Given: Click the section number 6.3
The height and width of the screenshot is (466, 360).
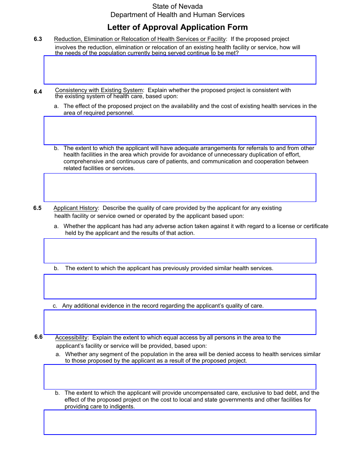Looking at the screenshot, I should [x=38, y=39].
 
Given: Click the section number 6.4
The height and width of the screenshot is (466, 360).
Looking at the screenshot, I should [x=38, y=91].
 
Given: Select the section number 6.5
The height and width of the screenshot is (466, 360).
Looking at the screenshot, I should [x=38, y=208].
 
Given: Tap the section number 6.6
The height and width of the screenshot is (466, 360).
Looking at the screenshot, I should [x=38, y=337].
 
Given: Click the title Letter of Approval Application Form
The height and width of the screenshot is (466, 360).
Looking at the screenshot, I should [x=177, y=27].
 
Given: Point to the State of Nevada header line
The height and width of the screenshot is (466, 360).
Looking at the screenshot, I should [x=177, y=6].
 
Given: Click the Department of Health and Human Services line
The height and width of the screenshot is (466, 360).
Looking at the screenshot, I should [x=177, y=15].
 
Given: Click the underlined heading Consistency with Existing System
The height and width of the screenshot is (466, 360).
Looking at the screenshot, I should [x=99, y=90].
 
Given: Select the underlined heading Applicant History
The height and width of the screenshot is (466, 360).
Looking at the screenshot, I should [x=75, y=208].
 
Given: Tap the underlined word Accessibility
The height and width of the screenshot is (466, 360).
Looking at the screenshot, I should [x=71, y=338].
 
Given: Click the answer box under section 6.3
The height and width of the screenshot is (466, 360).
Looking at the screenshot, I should [x=180, y=70].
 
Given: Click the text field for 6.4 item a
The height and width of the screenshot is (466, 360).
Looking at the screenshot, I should [x=180, y=130].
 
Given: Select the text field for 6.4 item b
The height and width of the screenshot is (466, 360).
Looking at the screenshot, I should [x=180, y=188].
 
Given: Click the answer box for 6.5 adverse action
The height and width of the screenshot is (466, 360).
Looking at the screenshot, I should [x=180, y=251].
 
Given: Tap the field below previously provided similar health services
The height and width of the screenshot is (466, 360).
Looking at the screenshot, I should [x=180, y=286].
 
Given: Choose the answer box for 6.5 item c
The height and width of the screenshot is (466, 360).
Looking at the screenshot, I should [x=180, y=322].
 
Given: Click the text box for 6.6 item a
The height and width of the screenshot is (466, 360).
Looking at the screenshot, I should [x=180, y=377].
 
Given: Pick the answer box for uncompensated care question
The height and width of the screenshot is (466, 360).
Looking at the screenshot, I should [x=180, y=422].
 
